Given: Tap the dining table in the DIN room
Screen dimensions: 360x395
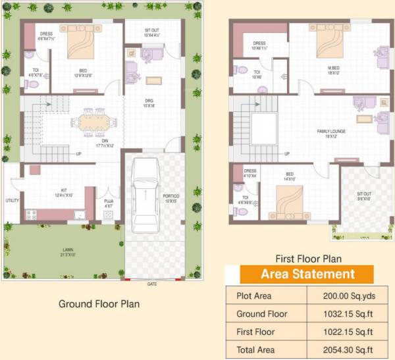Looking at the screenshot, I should click(97, 122).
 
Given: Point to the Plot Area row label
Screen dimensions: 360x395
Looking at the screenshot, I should click(254, 296).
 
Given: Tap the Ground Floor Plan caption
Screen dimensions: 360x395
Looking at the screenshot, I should click(99, 304).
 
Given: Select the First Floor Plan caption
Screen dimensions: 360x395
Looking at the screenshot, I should click(300, 259).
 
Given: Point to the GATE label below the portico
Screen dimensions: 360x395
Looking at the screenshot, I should click(152, 284).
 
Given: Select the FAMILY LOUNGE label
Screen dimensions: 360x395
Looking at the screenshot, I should click(331, 132).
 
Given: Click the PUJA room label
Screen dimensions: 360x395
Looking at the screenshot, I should click(108, 202).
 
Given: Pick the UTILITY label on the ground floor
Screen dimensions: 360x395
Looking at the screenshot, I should click(12, 200).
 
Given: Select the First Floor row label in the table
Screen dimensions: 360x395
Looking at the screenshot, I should click(255, 332).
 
